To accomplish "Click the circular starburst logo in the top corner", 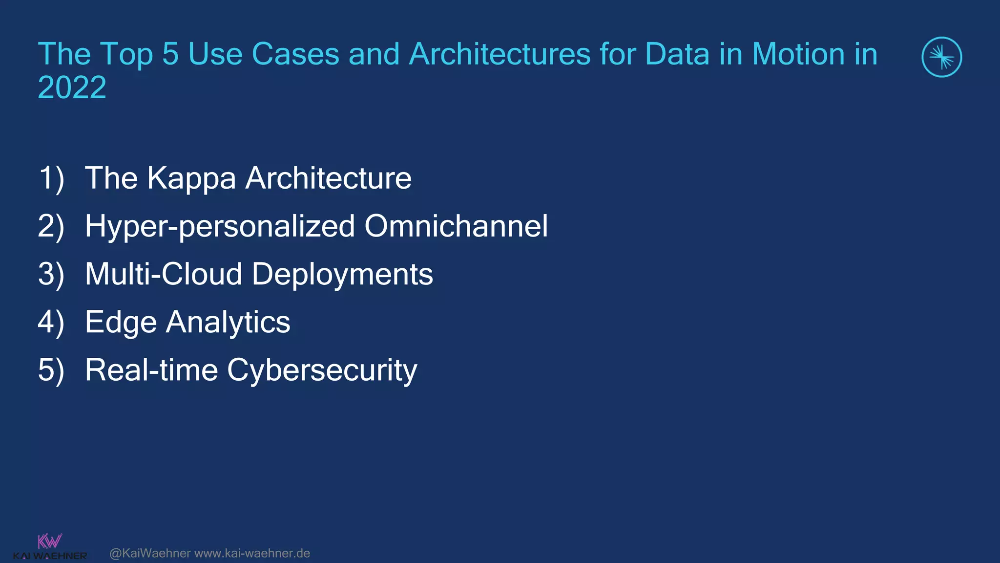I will [x=941, y=57].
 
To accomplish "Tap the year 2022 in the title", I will [x=72, y=87].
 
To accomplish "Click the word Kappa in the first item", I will [x=191, y=178].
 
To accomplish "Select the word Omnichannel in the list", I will [x=456, y=226].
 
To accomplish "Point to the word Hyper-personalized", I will [x=220, y=226].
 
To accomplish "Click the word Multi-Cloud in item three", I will [x=164, y=274].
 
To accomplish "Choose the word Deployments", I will [x=342, y=275].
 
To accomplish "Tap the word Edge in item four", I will [x=121, y=323].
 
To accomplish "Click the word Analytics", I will [x=228, y=323].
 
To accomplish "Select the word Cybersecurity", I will [x=322, y=370].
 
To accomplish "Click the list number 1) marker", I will [x=51, y=178].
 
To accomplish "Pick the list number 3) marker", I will [x=51, y=274].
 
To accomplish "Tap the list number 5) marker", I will [x=51, y=370].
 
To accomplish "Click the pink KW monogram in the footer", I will [x=50, y=541].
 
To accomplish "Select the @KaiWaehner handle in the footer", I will [x=150, y=553].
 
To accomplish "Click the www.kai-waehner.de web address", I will [x=252, y=553].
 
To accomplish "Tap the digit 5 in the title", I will [x=170, y=54].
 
